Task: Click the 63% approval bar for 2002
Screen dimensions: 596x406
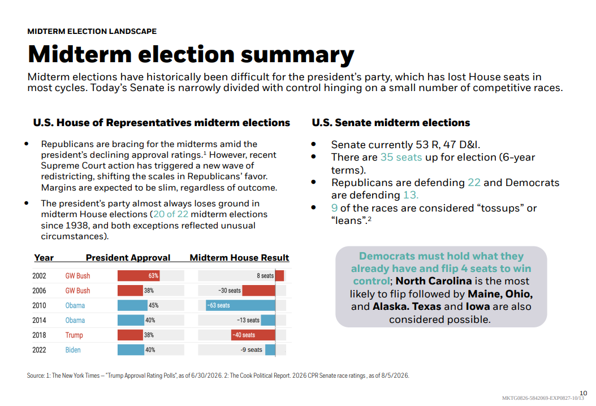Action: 139,275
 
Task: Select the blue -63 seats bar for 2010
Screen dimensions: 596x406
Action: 240,305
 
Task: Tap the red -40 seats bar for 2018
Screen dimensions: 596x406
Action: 253,335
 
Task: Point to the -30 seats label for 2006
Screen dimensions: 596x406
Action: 230,291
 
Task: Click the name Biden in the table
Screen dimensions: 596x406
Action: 73,350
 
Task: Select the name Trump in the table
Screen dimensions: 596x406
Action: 74,335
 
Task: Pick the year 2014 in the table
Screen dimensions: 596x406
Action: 39,320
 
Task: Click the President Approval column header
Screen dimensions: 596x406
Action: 128,257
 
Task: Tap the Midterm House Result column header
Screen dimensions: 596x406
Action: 239,257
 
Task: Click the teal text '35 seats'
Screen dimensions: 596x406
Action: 401,157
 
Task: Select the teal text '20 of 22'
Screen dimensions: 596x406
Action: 171,214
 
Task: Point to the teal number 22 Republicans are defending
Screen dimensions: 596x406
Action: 474,183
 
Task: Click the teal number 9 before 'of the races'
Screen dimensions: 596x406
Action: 335,208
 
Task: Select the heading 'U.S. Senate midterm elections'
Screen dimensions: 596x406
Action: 391,122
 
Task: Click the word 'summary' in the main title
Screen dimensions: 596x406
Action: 297,55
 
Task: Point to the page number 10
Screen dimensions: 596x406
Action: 584,393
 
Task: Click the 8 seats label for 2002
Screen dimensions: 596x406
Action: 265,275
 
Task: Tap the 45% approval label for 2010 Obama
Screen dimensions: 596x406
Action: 154,305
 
